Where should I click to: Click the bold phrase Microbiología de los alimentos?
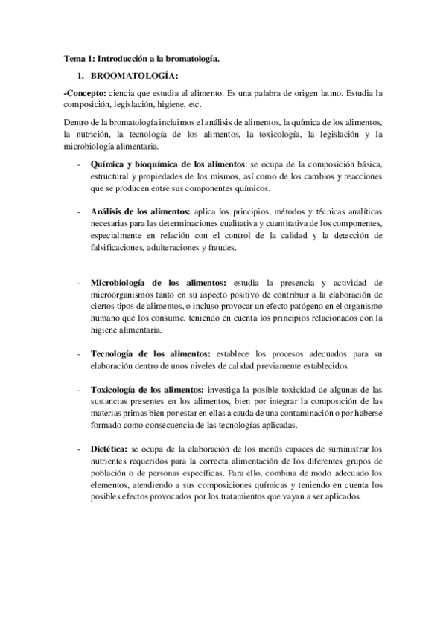159,283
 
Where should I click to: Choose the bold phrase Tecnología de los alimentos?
150,353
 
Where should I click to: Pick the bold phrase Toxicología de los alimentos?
147,389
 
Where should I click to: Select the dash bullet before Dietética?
79,449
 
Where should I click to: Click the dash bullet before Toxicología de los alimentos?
79,389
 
